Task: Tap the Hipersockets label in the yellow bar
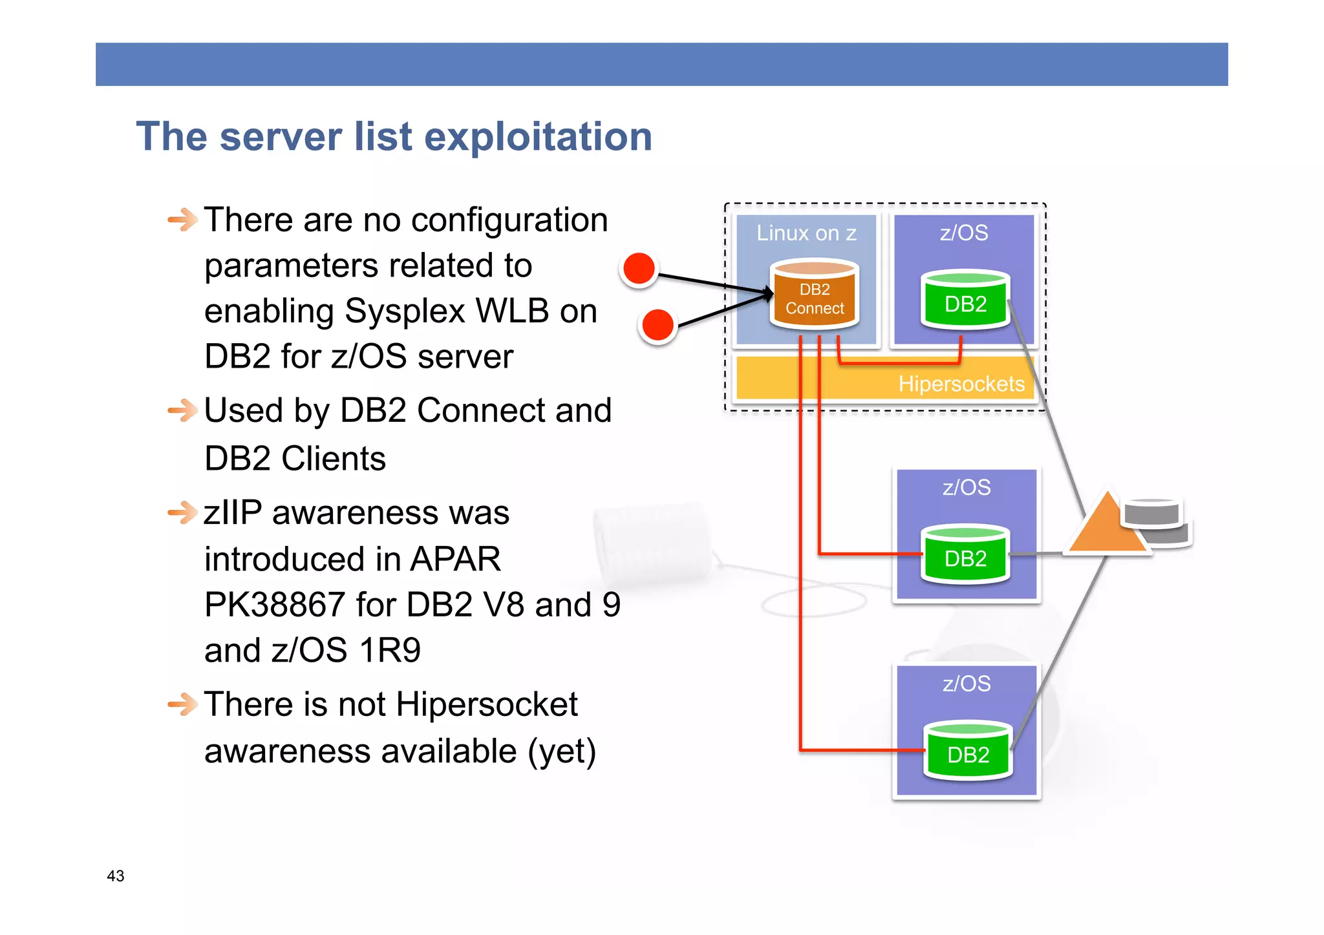[961, 384]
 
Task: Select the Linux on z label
[806, 233]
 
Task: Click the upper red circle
[639, 269]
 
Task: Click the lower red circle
[657, 325]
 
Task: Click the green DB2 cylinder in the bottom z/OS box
[968, 751]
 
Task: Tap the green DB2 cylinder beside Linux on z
[965, 300]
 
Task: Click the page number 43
[116, 876]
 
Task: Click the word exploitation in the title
[538, 137]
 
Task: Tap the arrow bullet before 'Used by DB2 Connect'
[182, 410]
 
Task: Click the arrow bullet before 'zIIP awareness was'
[182, 513]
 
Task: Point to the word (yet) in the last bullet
[561, 751]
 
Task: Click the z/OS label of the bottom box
[966, 684]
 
